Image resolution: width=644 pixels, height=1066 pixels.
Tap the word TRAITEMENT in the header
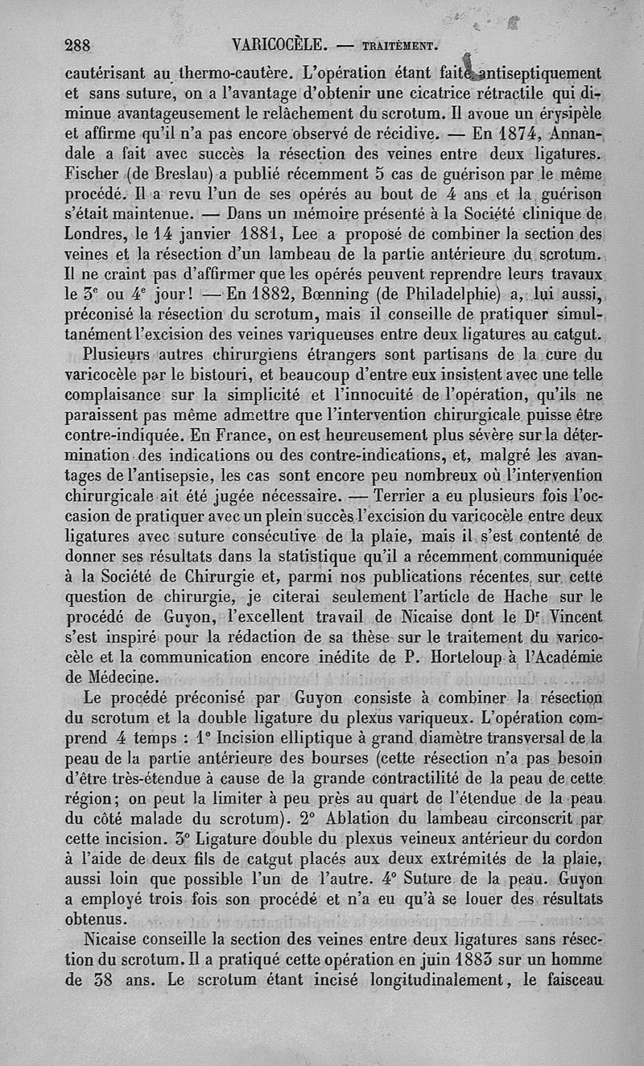[x=396, y=46]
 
